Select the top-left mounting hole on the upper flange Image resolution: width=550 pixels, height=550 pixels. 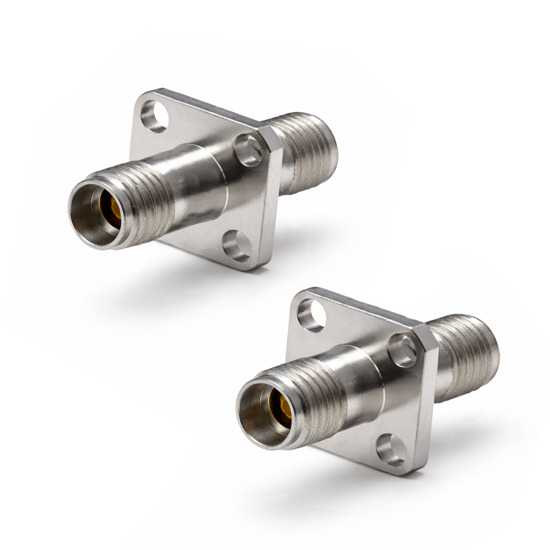153,116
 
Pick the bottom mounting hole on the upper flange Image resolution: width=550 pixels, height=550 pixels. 237,245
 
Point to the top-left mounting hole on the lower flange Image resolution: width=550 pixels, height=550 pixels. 311,315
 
